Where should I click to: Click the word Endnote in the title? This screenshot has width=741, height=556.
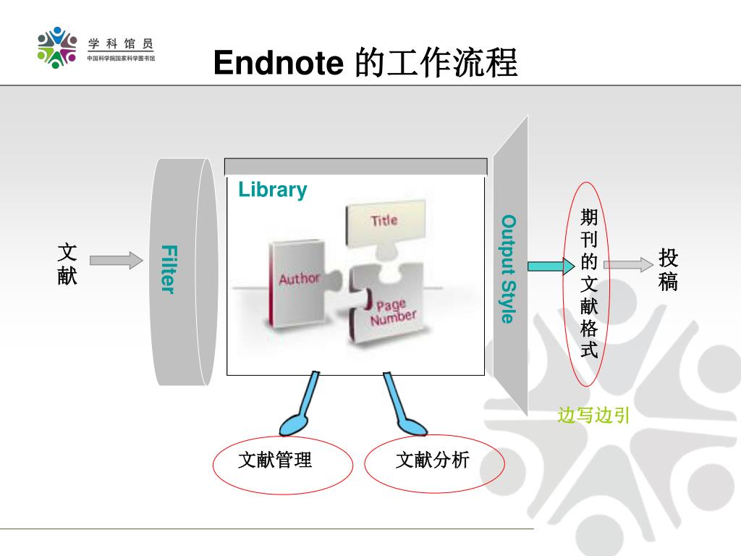coord(278,64)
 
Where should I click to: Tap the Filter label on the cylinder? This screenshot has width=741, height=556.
coord(168,269)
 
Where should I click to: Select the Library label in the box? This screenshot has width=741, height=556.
coord(273,190)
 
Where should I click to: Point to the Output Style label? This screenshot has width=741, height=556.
coord(509,269)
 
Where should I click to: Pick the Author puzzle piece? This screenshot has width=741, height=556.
coord(298,282)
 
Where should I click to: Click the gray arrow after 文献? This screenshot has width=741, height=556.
coord(117,260)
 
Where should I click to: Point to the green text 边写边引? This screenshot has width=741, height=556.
coord(593,416)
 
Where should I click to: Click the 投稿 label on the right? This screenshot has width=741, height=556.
coord(669,269)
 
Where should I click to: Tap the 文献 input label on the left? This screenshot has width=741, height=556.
coord(67,264)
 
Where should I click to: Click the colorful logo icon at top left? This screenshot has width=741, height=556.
coord(57,48)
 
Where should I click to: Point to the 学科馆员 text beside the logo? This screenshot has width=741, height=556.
coord(121,44)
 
